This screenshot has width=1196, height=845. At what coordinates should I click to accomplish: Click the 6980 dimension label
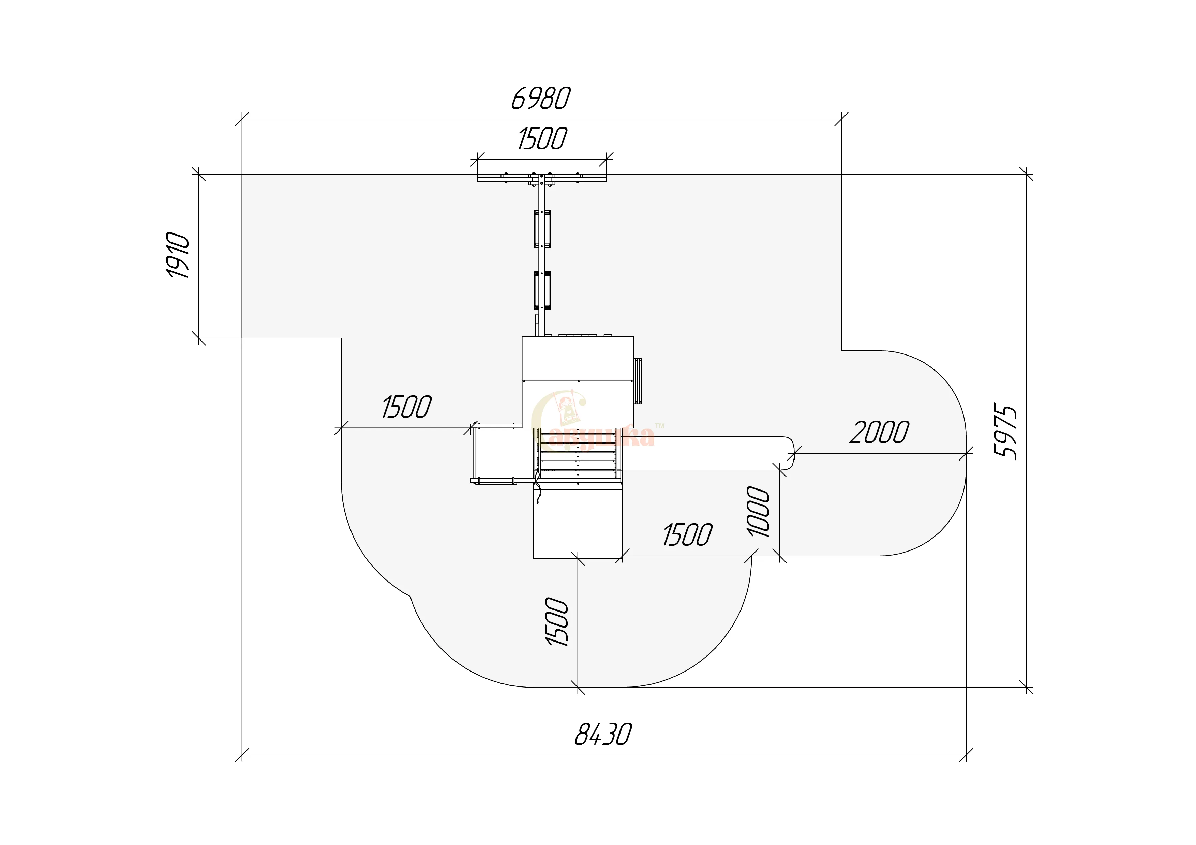[x=541, y=99]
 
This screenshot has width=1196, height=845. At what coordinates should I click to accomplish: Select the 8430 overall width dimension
[x=603, y=735]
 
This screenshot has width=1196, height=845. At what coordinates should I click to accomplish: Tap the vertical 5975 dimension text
[x=1005, y=431]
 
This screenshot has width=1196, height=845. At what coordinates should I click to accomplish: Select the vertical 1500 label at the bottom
[x=557, y=622]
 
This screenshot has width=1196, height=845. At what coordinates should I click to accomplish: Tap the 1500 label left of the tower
[x=406, y=407]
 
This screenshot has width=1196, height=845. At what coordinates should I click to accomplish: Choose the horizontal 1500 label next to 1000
[x=687, y=535]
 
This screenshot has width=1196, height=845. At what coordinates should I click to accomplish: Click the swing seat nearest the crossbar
[x=542, y=229]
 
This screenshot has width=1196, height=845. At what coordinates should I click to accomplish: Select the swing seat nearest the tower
[x=542, y=290]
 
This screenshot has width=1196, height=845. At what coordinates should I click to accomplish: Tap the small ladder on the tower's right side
[x=637, y=381]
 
